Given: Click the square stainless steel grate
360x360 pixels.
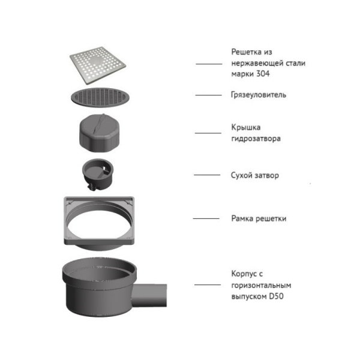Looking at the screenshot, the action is tap(98, 65).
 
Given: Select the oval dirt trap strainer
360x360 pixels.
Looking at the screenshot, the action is tap(100, 97).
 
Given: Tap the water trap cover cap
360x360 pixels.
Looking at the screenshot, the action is tap(99, 133).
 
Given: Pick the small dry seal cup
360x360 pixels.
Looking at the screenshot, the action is tap(97, 173).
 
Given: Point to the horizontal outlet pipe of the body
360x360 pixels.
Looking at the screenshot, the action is tap(150, 295).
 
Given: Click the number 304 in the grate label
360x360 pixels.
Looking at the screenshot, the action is tap(263, 74).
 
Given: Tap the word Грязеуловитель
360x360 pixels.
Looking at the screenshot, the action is tap(259, 95).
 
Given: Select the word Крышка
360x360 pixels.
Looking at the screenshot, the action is tap(246, 127).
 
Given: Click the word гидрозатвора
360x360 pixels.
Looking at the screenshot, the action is tap(256, 139).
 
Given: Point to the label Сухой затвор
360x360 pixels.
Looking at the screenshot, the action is tap(255, 175).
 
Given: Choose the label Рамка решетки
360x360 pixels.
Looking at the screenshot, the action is tap(259, 218).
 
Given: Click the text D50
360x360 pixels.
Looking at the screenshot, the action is tap(276, 296).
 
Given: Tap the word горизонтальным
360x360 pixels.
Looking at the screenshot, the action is tap(261, 286).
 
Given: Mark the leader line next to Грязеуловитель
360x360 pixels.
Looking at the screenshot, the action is tap(208, 95).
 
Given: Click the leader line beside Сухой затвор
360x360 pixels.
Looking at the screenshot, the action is tap(207, 175).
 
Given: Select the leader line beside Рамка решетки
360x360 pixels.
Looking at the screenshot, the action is tap(206, 218).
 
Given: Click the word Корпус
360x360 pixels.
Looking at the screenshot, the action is tap(244, 274).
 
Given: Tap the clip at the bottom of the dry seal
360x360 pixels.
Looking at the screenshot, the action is tap(92, 187).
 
